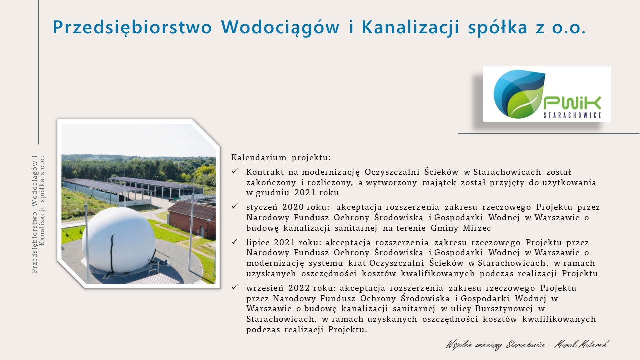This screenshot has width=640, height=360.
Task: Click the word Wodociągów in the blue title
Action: pyautogui.click(x=280, y=28)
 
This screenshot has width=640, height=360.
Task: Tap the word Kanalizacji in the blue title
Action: pyautogui.click(x=410, y=28)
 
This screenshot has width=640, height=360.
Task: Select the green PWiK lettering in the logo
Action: pyautogui.click(x=572, y=103)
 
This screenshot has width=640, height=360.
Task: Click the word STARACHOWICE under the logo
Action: pyautogui.click(x=572, y=115)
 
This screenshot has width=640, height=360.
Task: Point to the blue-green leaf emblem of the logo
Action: pyautogui.click(x=519, y=94)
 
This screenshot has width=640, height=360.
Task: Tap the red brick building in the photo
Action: pyautogui.click(x=192, y=219)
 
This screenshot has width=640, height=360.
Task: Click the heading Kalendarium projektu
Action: pyautogui.click(x=281, y=158)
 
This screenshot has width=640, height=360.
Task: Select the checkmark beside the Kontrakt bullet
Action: pyautogui.click(x=235, y=171)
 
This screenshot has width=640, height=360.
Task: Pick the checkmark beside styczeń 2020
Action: pyautogui.click(x=235, y=206)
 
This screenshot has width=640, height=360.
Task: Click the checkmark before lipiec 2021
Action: pyautogui.click(x=235, y=242)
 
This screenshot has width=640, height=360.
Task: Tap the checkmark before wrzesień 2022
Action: pyautogui.click(x=235, y=287)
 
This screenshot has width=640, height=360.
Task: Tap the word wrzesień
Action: pyautogui.click(x=265, y=288)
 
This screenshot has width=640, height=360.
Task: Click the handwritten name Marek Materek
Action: pyautogui.click(x=581, y=344)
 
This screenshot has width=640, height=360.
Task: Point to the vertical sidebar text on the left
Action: pyautogui.click(x=38, y=214)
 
